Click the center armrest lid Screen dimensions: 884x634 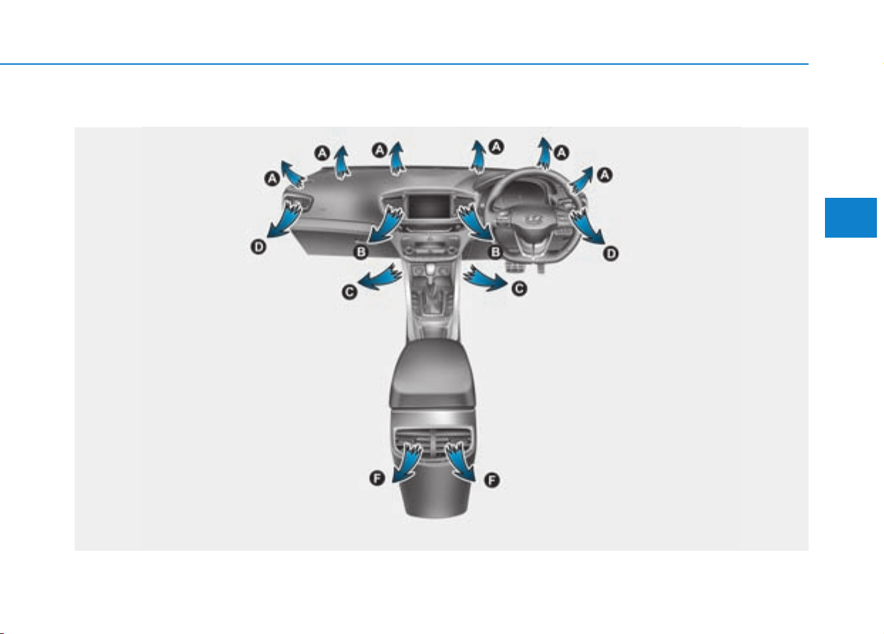pos(433,373)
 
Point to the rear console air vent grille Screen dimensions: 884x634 pos(434,444)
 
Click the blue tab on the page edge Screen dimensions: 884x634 pos(851,218)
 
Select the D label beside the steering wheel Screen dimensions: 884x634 pos(610,253)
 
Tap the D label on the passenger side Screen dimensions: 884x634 pos(258,248)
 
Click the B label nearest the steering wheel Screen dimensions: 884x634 pos(495,252)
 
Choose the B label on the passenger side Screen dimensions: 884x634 pos(361,252)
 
